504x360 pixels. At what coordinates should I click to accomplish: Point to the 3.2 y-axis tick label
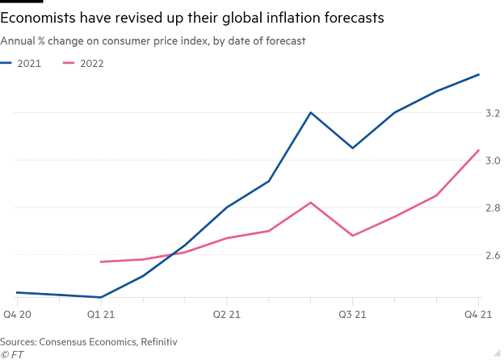click(x=491, y=114)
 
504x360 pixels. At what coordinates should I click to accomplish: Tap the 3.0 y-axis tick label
click(x=491, y=161)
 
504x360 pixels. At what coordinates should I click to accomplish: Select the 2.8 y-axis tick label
click(x=491, y=208)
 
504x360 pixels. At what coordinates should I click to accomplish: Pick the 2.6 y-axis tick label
click(x=491, y=255)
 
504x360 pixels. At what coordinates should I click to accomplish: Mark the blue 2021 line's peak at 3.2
click(x=311, y=112)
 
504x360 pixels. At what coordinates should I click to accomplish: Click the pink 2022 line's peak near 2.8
click(x=311, y=203)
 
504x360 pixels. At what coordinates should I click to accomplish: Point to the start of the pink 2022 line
click(x=99, y=262)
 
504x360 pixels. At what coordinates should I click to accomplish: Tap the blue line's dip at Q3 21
click(x=352, y=148)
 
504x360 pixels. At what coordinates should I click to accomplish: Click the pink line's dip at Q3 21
click(x=352, y=236)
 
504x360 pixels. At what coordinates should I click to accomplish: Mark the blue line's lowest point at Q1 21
click(x=99, y=297)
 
